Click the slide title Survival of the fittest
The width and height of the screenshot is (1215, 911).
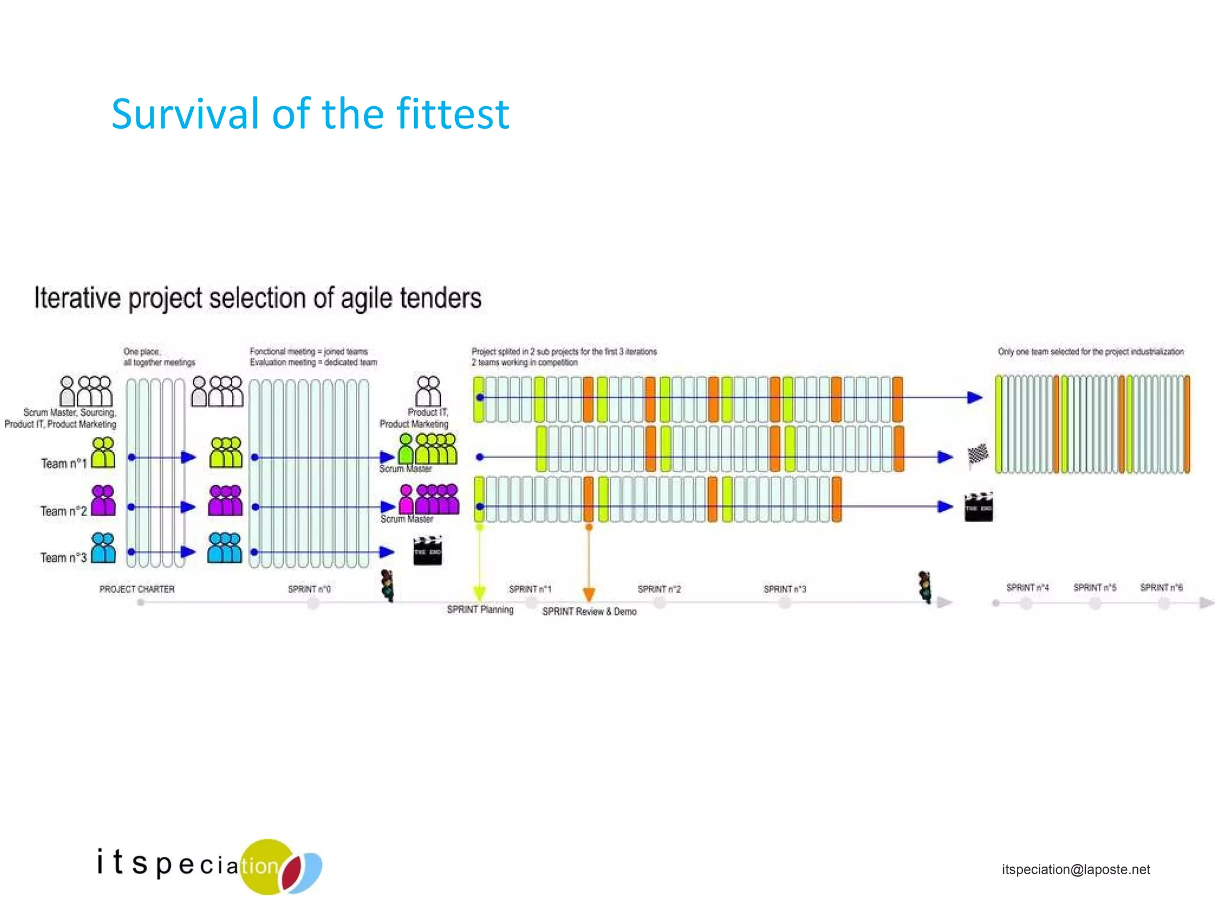pos(310,114)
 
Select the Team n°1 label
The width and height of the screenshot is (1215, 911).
pos(63,463)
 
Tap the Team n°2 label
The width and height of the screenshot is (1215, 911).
pos(63,511)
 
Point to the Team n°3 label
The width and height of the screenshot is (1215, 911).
pos(63,558)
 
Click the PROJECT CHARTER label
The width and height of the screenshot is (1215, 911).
pos(136,589)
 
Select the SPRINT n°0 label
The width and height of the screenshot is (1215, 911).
pos(309,589)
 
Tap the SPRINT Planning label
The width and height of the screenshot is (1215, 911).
pos(480,610)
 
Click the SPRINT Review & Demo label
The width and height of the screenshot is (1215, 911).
pos(589,611)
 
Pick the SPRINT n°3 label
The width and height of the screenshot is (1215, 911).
pos(784,589)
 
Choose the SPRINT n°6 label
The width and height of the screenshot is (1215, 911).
pos(1161,587)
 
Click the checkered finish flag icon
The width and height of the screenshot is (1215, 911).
pos(978,455)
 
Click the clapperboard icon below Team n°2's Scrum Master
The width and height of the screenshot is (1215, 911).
pos(428,551)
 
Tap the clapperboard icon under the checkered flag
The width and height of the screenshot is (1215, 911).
pos(978,507)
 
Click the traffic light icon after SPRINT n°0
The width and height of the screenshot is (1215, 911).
pos(387,585)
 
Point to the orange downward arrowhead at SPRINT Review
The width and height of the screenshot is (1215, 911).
pos(589,594)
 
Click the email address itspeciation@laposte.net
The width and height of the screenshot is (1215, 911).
pos(1076,869)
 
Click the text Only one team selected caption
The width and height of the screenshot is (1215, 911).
pos(1090,352)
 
